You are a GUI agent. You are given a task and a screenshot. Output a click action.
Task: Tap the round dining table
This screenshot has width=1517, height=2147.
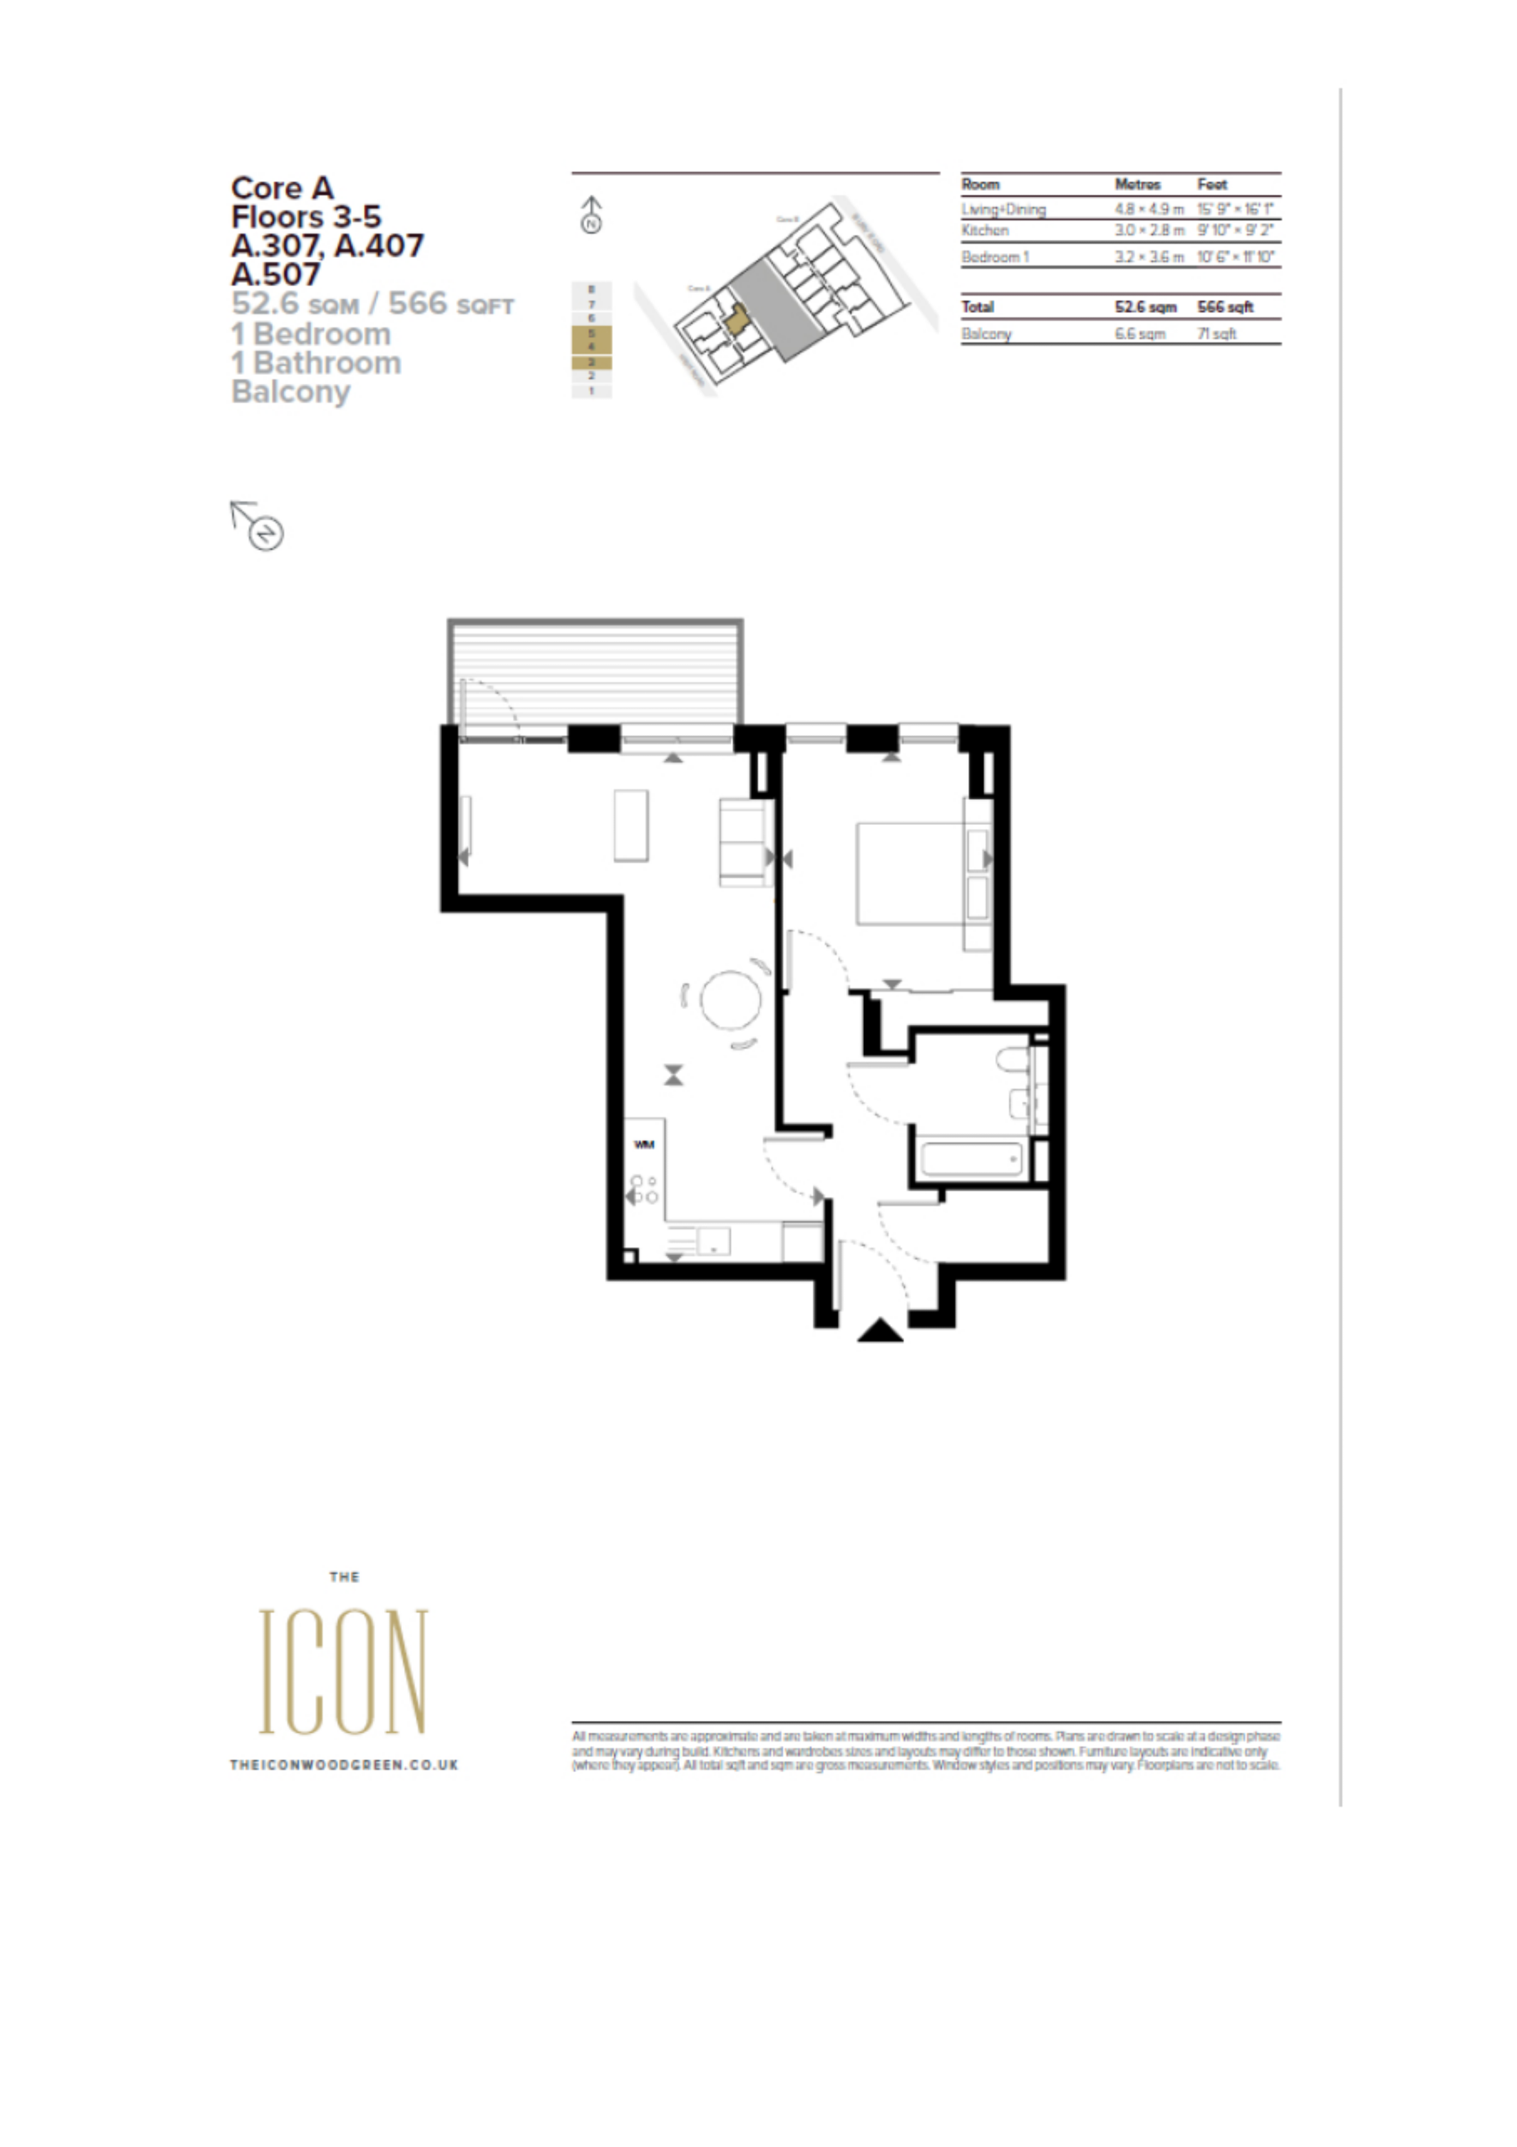pos(730,999)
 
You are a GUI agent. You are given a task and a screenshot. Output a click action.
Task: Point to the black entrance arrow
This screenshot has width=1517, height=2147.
pos(880,1331)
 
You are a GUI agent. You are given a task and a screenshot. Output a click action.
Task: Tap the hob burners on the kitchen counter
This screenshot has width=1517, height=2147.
pos(643,1190)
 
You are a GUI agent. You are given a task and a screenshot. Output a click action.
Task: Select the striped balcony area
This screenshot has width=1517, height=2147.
pos(596,671)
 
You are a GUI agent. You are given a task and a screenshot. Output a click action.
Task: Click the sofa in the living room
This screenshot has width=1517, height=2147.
pos(743,842)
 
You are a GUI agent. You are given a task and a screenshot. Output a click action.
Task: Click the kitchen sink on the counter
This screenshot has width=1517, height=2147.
pos(714,1241)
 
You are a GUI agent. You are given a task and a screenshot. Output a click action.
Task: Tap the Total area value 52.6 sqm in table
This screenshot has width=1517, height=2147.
pos(1145,307)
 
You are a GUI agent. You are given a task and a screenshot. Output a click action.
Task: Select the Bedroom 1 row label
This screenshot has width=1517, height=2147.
pos(995,256)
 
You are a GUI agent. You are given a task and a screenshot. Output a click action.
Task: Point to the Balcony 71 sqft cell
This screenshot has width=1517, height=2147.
pos(1217,334)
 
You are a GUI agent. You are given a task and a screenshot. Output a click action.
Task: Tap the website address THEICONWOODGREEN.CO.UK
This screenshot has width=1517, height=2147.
pos(343,1764)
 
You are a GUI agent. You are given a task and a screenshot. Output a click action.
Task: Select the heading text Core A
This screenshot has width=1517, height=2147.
pos(281,188)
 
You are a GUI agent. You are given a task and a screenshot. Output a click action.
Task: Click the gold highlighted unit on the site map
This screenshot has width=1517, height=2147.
pos(737,320)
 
